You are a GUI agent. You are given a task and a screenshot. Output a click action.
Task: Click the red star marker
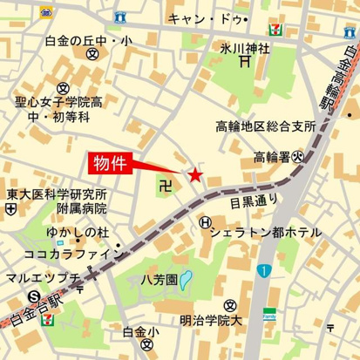(x=194, y=177)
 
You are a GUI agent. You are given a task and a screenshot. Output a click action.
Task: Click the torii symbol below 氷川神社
(x=247, y=62)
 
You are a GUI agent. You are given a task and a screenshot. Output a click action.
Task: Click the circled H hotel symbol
(x=203, y=224)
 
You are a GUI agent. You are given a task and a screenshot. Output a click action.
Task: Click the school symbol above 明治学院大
(x=229, y=305)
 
